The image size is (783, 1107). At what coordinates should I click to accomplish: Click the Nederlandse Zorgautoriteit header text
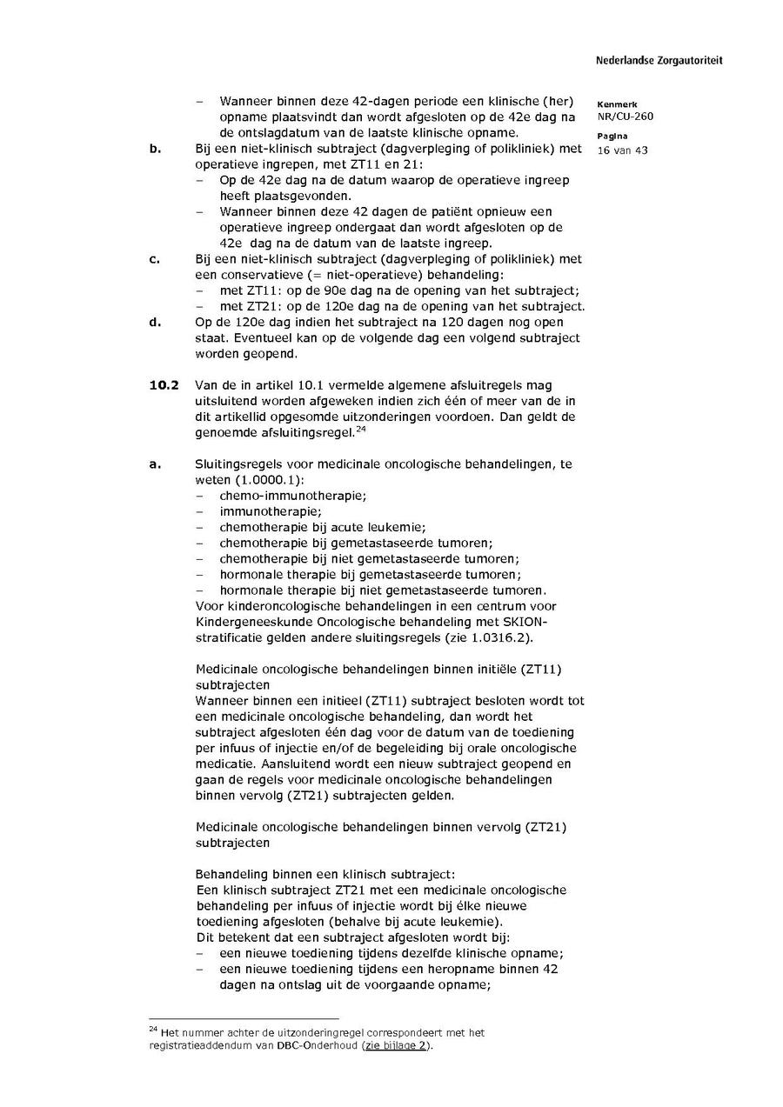[659, 61]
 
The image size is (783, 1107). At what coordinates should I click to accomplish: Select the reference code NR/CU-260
[625, 117]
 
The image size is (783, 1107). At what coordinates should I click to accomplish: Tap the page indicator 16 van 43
[622, 150]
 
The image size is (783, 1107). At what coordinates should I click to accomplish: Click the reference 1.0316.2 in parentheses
[496, 637]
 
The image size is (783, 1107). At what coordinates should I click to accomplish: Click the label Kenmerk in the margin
[617, 104]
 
